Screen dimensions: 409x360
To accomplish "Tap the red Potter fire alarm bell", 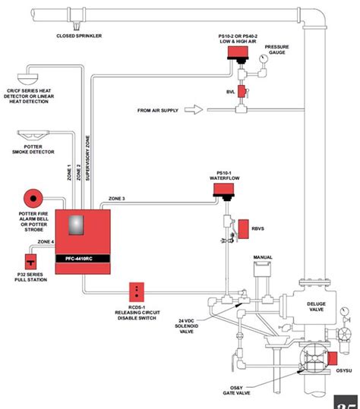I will coord(33,200).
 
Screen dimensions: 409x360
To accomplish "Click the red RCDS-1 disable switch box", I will coord(137,291).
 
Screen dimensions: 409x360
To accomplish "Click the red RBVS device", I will coord(245,227).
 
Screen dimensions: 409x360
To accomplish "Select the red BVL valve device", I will coord(242,92).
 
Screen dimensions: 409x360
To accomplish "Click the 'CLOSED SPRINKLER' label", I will coord(78,36).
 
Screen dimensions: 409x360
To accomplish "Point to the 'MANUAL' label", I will coord(263,257).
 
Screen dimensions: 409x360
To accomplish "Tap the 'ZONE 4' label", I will coord(46,241).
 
